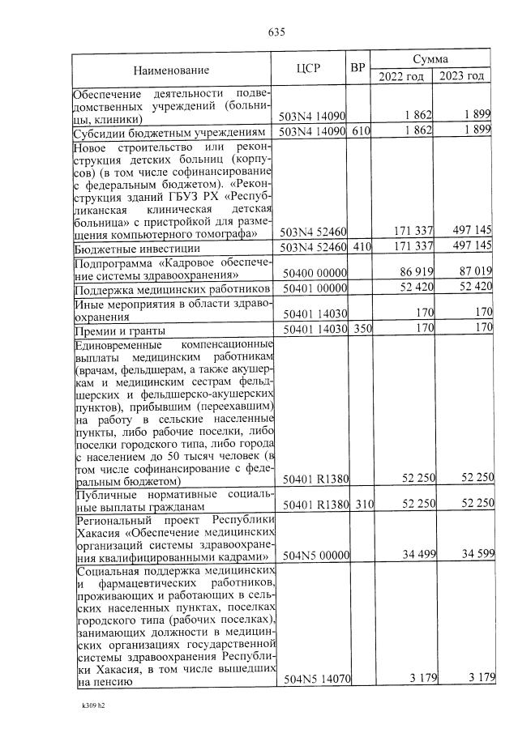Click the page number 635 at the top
click(x=276, y=32)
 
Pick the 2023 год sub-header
click(x=462, y=76)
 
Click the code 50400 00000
click(x=312, y=274)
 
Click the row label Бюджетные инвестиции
click(x=132, y=247)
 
